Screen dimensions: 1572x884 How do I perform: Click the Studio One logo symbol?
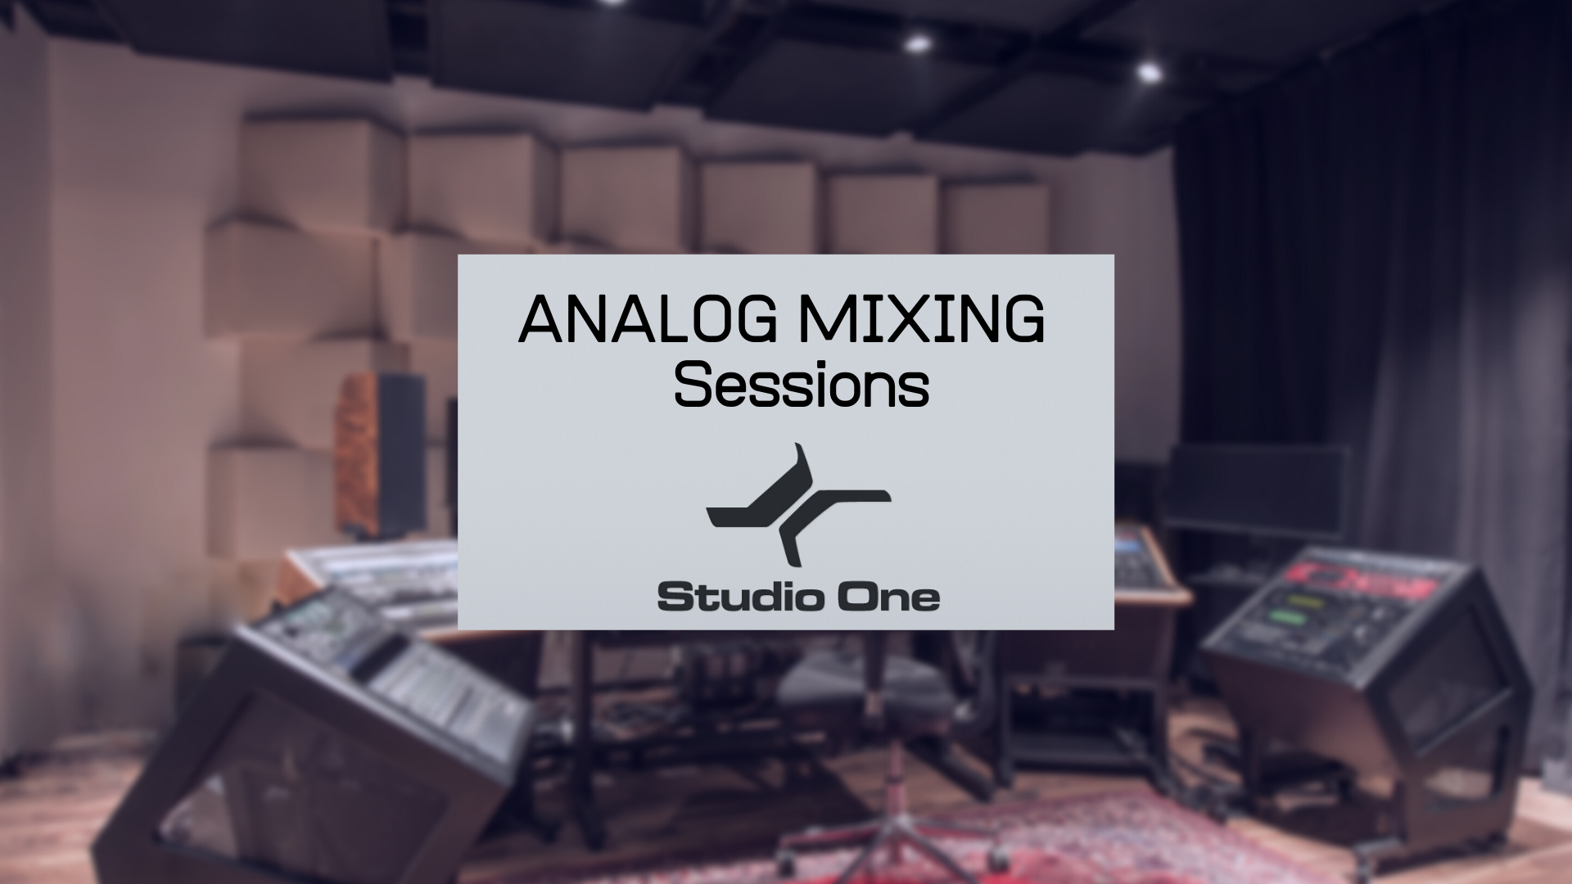click(798, 505)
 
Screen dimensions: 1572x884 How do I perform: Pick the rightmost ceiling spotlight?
click(1150, 73)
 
